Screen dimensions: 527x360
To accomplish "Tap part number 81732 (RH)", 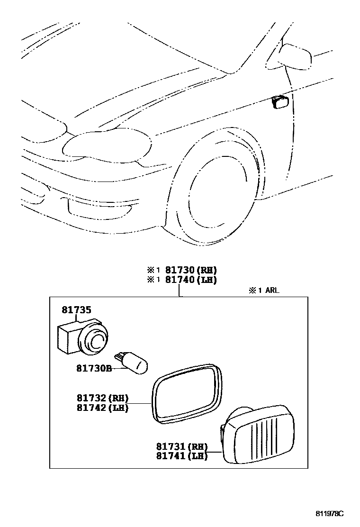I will (101, 398).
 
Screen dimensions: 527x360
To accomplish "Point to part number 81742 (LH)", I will (101, 408).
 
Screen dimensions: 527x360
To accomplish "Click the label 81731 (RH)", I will (181, 446).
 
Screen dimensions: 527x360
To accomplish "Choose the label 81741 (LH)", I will (181, 456).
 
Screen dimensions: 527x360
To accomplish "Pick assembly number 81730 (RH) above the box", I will (191, 270).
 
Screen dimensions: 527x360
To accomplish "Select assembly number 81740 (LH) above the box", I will (191, 280).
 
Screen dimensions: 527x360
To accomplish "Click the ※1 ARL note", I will (264, 290).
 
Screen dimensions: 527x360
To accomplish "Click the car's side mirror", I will (295, 56).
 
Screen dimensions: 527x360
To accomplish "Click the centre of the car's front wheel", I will (213, 199).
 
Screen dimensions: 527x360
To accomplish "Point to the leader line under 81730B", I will (118, 370).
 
